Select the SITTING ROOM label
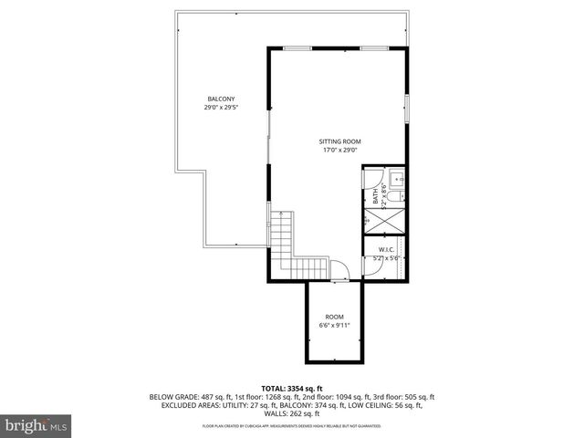pos(339,141)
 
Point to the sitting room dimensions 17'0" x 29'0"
pos(339,151)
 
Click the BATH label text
pos(375,195)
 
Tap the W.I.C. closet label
pos(386,249)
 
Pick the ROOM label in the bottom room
pos(335,316)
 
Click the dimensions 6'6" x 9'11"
pos(335,325)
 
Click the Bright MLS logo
pos(36,425)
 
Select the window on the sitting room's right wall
pos(408,108)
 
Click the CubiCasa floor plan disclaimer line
pos(292,426)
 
